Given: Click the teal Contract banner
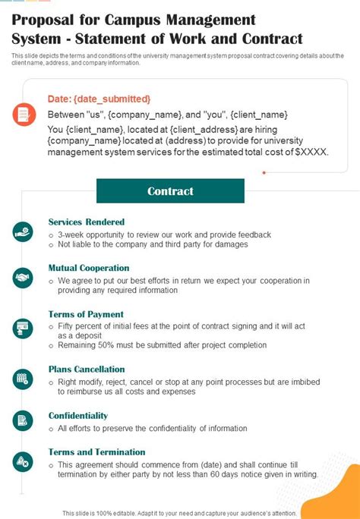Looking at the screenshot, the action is coord(170,191).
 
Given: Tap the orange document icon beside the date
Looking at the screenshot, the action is coord(23,115).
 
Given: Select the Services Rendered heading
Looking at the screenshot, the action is coord(87,222).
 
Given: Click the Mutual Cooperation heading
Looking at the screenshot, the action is coord(89,268).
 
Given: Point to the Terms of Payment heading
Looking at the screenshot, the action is coord(86,314).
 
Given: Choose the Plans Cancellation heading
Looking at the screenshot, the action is coord(86,370).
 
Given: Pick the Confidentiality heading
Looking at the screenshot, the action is coord(78,416).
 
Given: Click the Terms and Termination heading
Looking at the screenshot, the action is coord(96,452).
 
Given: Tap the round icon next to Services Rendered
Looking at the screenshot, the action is coord(23,231).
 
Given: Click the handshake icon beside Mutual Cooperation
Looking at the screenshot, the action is coord(23,278).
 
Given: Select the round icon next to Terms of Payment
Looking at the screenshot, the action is coord(23,328).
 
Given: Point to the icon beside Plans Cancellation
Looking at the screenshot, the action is coord(23,378).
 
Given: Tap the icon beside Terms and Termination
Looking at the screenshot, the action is coord(23,461).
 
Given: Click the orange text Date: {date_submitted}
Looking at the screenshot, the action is coord(99,99).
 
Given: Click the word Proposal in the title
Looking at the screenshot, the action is coord(42,20).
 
